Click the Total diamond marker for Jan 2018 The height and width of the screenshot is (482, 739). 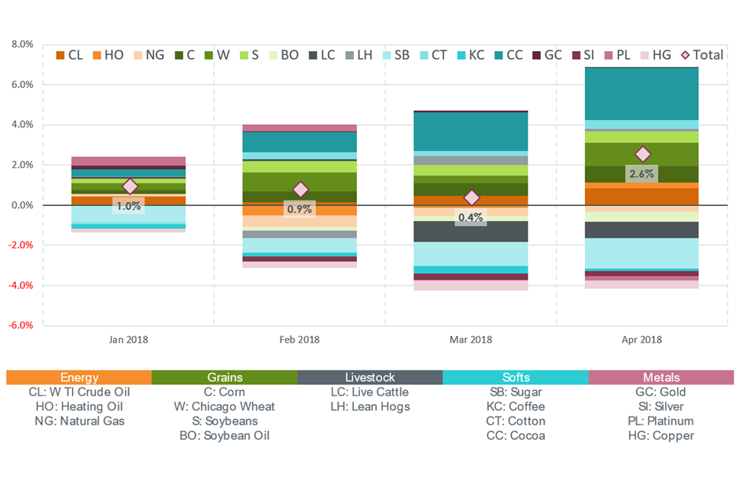coord(130,186)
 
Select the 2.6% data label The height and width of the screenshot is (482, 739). coord(642,174)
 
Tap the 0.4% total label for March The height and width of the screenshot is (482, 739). coord(470,217)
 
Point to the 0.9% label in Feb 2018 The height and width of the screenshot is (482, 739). coord(300,208)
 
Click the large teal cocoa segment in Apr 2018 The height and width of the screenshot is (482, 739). coord(642,94)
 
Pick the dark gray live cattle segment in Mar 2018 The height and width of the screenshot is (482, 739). coord(470,231)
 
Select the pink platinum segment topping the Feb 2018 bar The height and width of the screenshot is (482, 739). coord(300,128)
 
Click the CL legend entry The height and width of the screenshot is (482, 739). coord(69,55)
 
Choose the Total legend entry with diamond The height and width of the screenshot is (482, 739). coord(702,55)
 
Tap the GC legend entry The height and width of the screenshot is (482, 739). coord(547,55)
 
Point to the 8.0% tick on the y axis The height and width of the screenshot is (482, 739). coord(23,44)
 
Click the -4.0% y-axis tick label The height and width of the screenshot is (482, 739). coord(20,285)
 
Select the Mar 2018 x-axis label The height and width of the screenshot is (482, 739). coord(470,340)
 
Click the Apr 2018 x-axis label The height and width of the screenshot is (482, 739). coord(642,340)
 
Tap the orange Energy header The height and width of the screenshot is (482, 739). coord(79,377)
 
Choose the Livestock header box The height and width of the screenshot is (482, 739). coord(370,377)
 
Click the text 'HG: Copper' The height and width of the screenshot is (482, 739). coord(660,436)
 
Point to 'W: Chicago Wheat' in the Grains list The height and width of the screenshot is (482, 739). coord(224,407)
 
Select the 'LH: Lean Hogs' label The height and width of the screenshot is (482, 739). coord(370,407)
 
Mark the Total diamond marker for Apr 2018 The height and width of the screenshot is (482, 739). coord(643,153)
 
